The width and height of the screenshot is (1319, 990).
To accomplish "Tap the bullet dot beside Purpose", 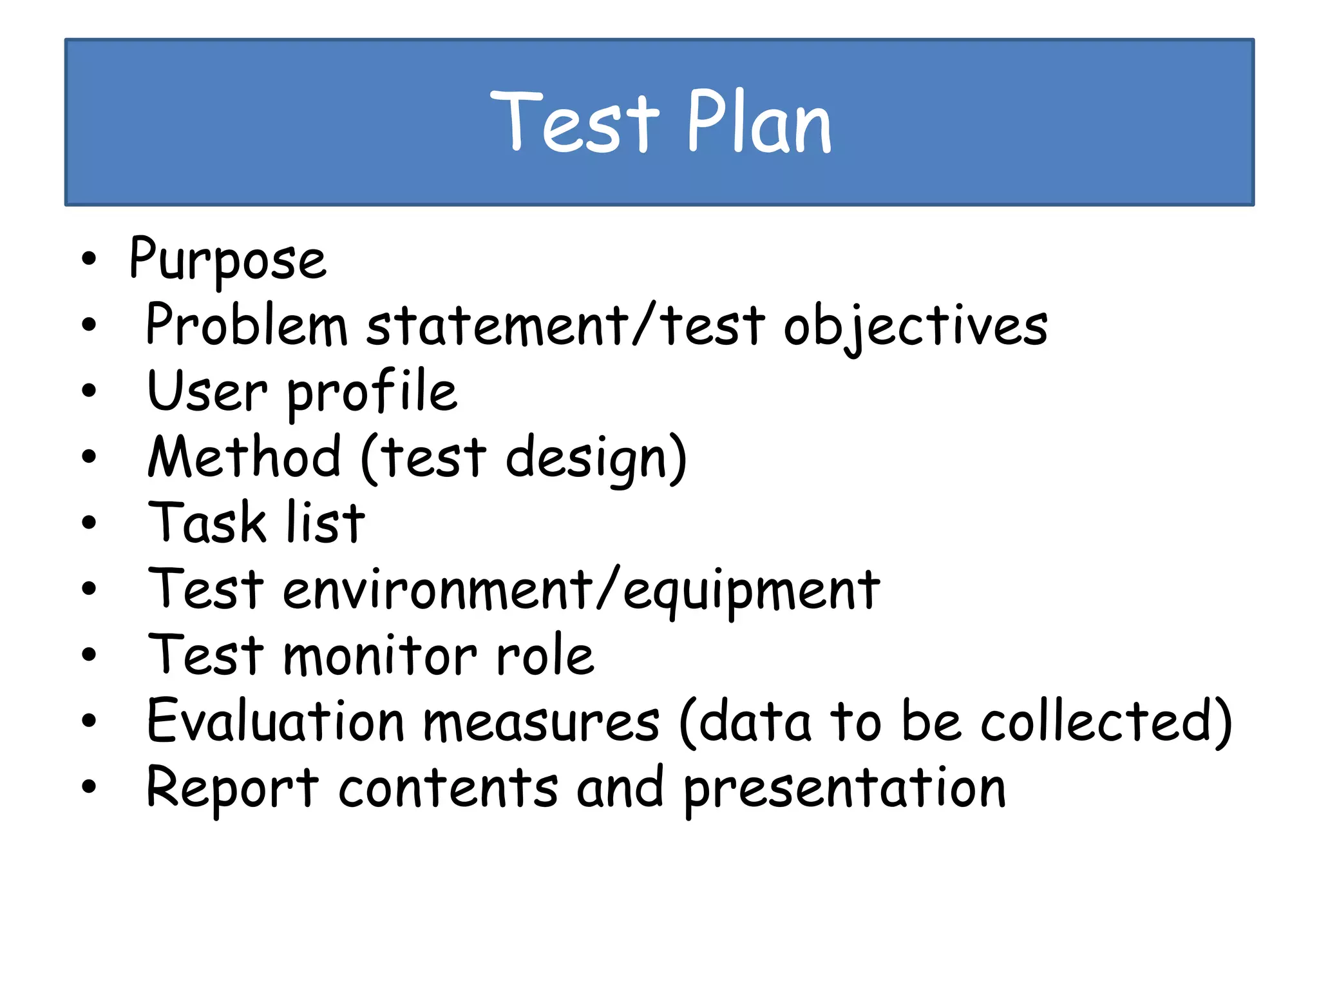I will click(89, 259).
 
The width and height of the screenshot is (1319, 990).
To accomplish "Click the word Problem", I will click(247, 325).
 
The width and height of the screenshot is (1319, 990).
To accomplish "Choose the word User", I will click(207, 391).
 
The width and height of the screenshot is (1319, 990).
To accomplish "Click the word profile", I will click(372, 393).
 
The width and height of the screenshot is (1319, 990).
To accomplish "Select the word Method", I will click(244, 457).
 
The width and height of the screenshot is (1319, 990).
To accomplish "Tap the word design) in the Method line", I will click(596, 459).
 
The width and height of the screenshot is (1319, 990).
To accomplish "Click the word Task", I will click(207, 523).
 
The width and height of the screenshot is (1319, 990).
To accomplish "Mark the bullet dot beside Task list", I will click(89, 523).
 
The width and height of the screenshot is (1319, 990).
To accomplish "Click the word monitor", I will click(380, 655).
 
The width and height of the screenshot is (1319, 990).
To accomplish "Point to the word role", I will click(545, 655).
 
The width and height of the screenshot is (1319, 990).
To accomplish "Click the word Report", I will click(232, 788).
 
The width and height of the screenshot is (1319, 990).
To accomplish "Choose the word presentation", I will click(844, 790).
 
